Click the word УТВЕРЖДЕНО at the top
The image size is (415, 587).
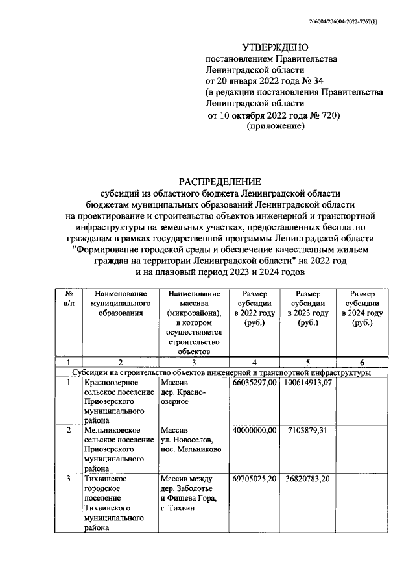tap(272, 48)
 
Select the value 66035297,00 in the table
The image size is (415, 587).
tap(255, 384)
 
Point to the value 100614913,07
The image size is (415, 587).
tap(308, 384)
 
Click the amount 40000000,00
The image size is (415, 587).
tap(255, 430)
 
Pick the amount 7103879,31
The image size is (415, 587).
tap(308, 430)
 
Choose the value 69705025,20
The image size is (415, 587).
tap(255, 479)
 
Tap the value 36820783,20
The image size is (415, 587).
tap(308, 479)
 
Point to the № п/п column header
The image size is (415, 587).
tap(69, 299)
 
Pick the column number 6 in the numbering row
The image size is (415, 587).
tap(362, 363)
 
